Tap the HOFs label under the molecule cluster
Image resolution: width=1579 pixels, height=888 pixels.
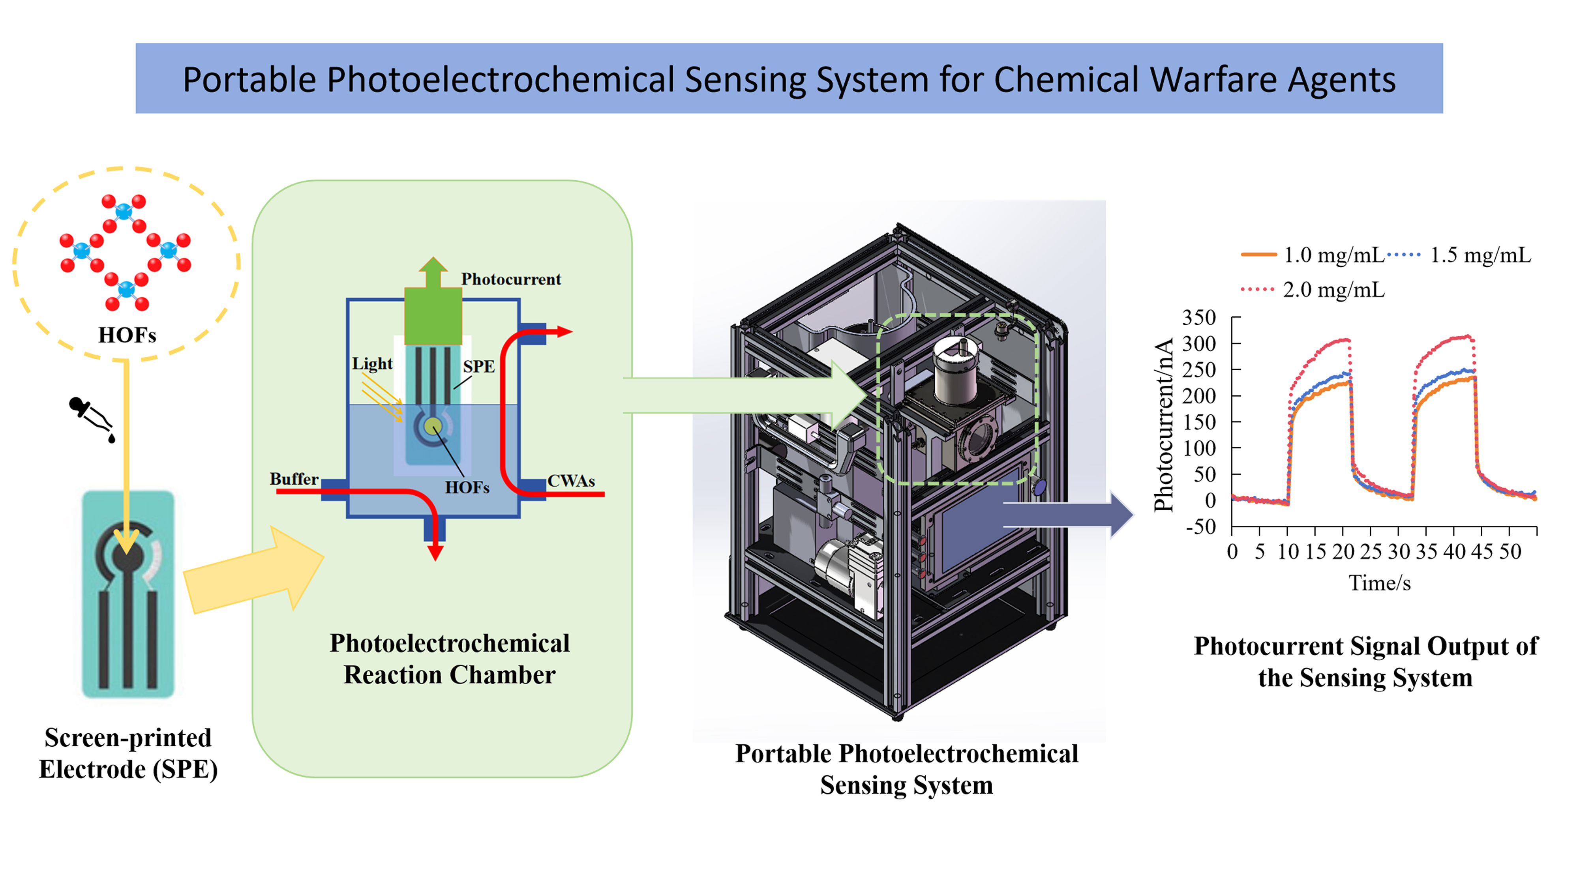[x=127, y=335]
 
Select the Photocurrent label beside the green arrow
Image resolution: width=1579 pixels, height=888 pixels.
[x=510, y=279]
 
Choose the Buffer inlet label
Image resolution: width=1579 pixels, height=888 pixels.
[x=294, y=479]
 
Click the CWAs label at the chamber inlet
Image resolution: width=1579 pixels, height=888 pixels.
[x=571, y=481]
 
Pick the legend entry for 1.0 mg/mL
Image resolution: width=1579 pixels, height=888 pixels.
[x=1312, y=255]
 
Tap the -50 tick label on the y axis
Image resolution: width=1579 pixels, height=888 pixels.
[x=1200, y=527]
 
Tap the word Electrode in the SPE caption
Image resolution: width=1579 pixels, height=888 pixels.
[x=92, y=769]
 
